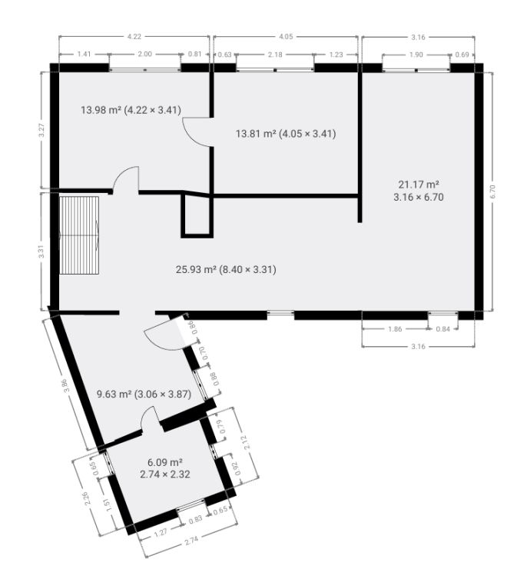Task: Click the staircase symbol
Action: click(79, 235)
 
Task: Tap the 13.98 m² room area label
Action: click(131, 110)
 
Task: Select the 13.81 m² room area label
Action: click(286, 133)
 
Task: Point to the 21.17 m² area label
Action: click(419, 190)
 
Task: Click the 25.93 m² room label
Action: click(226, 270)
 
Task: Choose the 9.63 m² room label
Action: click(144, 395)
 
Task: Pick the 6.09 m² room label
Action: click(165, 468)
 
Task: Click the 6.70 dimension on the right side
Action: click(492, 191)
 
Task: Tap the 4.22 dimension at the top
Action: click(134, 37)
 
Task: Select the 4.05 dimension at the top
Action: click(286, 37)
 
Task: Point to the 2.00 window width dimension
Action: click(144, 54)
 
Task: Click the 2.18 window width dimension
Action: click(275, 55)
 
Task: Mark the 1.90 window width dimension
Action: click(416, 55)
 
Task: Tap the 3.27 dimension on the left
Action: click(41, 130)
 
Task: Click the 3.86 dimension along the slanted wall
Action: click(66, 385)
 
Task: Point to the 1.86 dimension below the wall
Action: click(395, 329)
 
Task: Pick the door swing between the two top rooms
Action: click(197, 133)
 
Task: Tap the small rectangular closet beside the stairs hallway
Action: click(197, 216)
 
